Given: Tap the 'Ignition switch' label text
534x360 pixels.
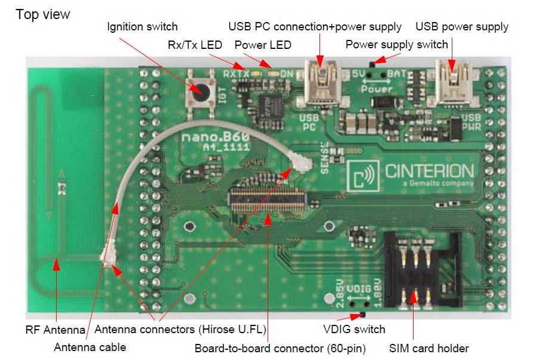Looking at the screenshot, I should [x=142, y=27].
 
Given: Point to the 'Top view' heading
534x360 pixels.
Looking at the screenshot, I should [x=43, y=14].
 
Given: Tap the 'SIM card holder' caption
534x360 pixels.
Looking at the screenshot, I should [x=429, y=348].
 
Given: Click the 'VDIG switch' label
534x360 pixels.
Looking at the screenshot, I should [x=354, y=329].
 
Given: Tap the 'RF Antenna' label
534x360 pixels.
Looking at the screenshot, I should [x=55, y=329].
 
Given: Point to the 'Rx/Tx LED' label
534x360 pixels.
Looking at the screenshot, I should [x=195, y=45].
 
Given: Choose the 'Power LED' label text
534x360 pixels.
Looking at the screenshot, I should [x=263, y=45].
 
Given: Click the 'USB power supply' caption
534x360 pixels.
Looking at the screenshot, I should [x=462, y=27].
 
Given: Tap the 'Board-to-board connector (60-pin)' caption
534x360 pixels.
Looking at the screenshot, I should [x=280, y=348].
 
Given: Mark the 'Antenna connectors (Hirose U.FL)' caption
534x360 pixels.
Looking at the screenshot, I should [x=180, y=329].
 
